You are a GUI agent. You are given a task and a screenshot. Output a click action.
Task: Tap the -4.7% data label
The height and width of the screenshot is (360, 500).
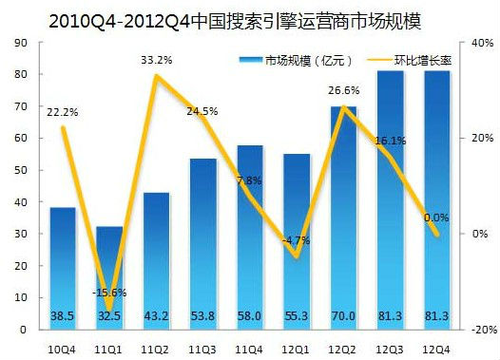(296, 240)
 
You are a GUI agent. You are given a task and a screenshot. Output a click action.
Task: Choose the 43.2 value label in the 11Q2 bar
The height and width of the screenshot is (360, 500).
(156, 313)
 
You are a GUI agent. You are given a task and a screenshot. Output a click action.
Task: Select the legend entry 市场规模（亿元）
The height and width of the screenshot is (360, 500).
(284, 61)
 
